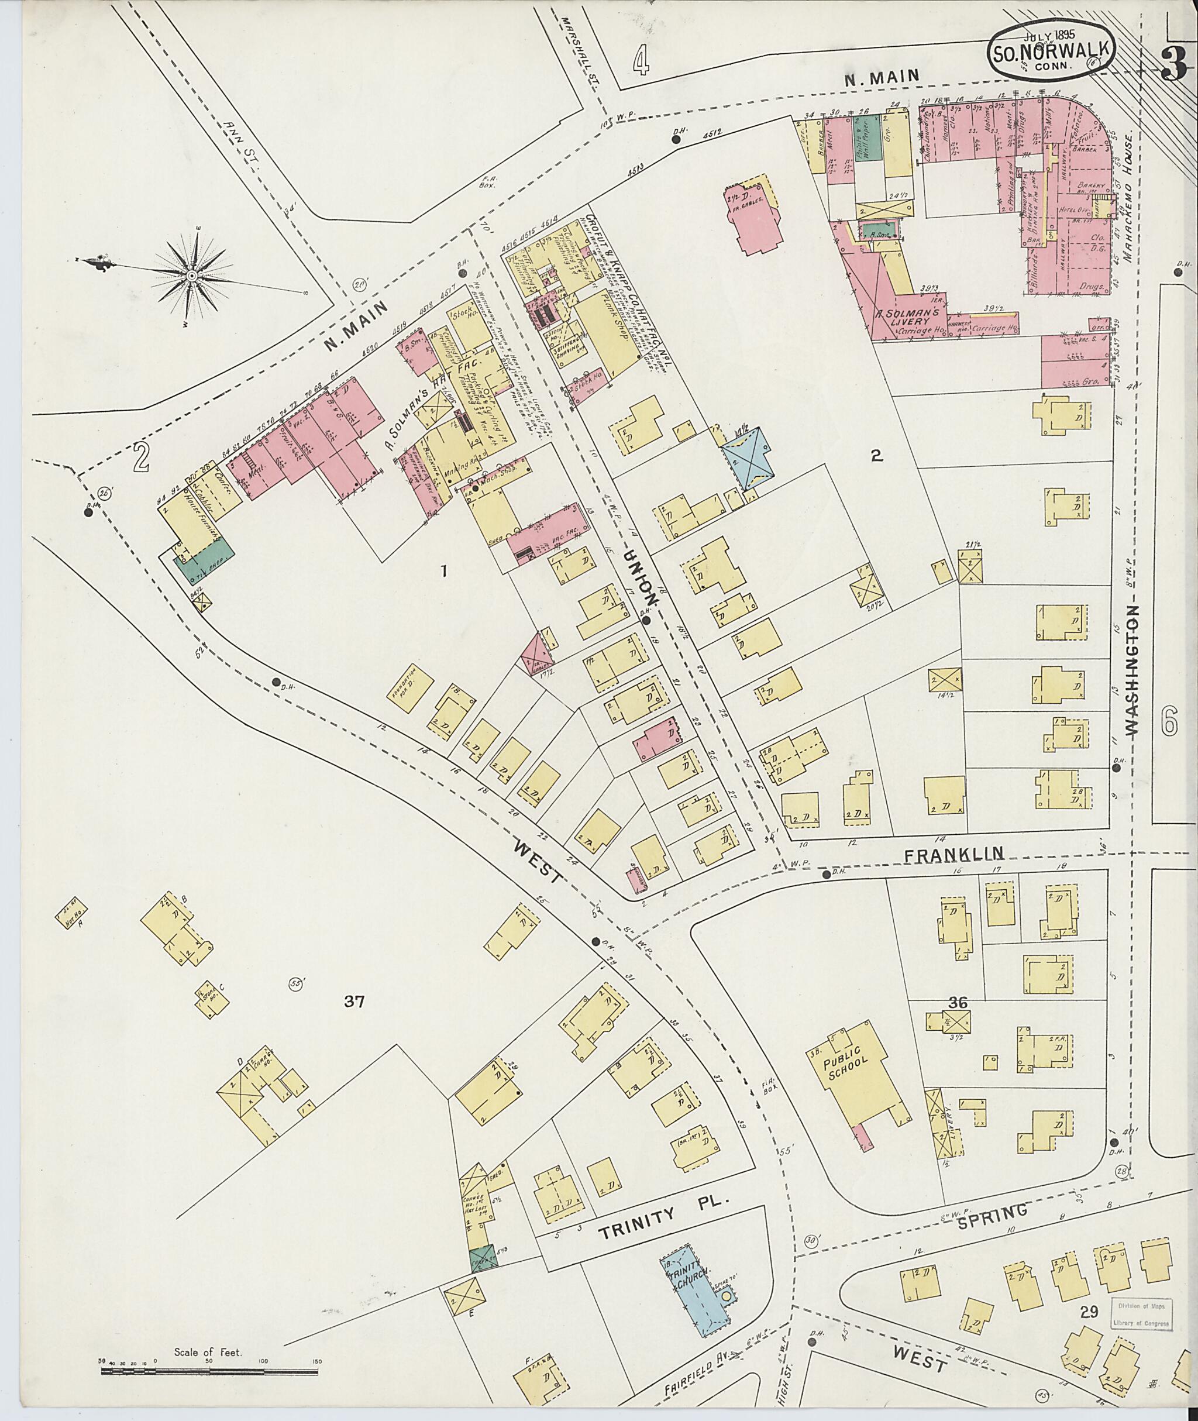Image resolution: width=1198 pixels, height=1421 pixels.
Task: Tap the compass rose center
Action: point(191,276)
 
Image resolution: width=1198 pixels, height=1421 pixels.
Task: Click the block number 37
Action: point(354,1000)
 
